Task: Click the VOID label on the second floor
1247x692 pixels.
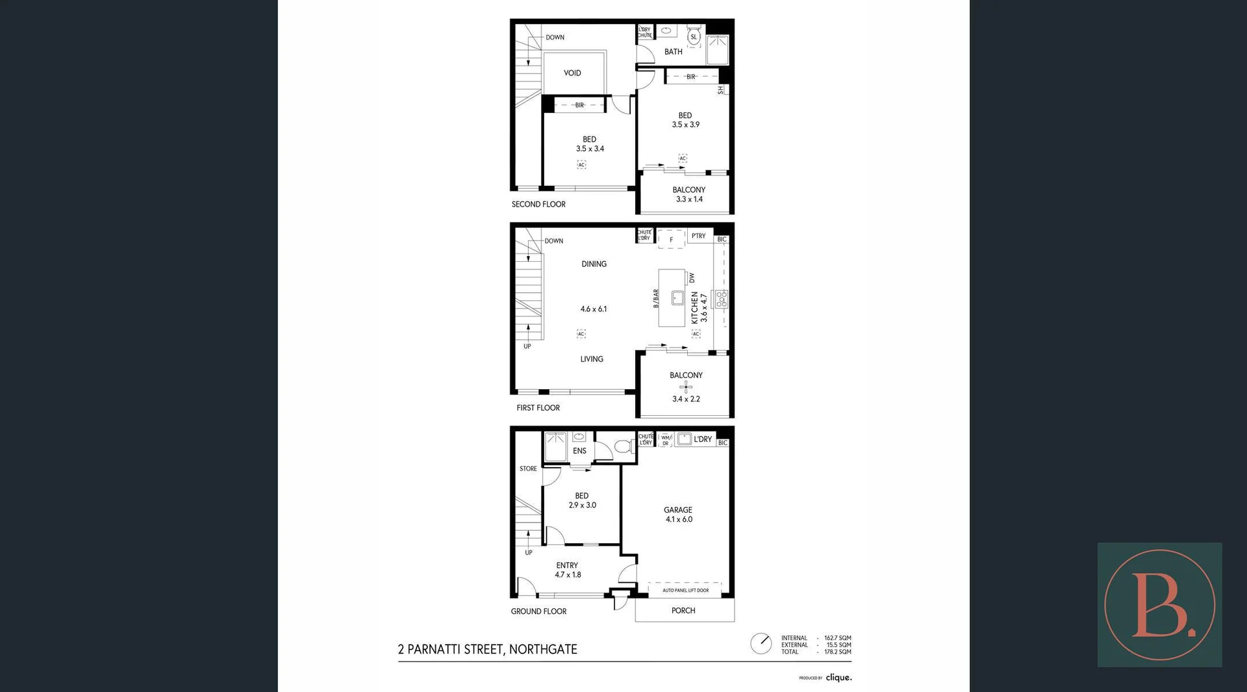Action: pyautogui.click(x=572, y=73)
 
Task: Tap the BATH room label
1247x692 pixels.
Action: pyautogui.click(x=673, y=52)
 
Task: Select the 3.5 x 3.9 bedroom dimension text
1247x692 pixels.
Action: pyautogui.click(x=685, y=125)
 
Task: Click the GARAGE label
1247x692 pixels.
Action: pyautogui.click(x=677, y=510)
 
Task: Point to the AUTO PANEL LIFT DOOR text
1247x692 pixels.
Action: pyautogui.click(x=685, y=591)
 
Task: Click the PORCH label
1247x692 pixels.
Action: pyautogui.click(x=683, y=611)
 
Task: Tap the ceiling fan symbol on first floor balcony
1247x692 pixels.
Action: pyautogui.click(x=686, y=387)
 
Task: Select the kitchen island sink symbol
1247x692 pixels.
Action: pyautogui.click(x=677, y=298)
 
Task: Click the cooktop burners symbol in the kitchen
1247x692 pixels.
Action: pyautogui.click(x=722, y=299)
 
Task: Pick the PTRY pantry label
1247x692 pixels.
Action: pyautogui.click(x=698, y=236)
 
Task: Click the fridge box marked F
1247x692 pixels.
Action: pyautogui.click(x=671, y=240)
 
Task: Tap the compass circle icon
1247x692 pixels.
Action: pyautogui.click(x=761, y=644)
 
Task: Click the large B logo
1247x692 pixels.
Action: pyautogui.click(x=1159, y=605)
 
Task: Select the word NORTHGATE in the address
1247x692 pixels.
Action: pyautogui.click(x=543, y=649)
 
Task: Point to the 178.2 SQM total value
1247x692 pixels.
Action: pyautogui.click(x=837, y=652)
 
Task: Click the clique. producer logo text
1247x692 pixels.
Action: pyautogui.click(x=838, y=678)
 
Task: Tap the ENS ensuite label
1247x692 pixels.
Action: pyautogui.click(x=579, y=451)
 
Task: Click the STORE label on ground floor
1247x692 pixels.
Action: pyautogui.click(x=528, y=468)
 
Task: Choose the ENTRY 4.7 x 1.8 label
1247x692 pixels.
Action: pyautogui.click(x=567, y=570)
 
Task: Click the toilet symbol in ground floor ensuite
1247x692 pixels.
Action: pyautogui.click(x=623, y=446)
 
